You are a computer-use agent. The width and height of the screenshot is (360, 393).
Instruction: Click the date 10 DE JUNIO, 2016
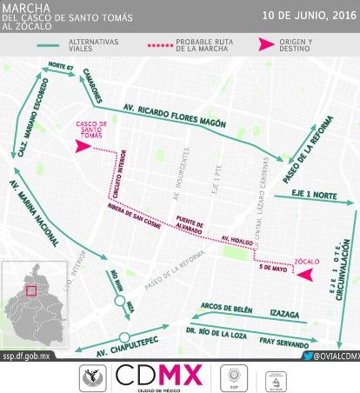point(309,16)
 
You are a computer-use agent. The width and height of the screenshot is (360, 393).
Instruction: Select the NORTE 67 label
point(59,64)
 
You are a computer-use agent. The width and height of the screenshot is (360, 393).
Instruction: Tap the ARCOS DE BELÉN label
point(224,307)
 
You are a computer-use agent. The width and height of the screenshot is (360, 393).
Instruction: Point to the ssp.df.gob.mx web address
point(29,356)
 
